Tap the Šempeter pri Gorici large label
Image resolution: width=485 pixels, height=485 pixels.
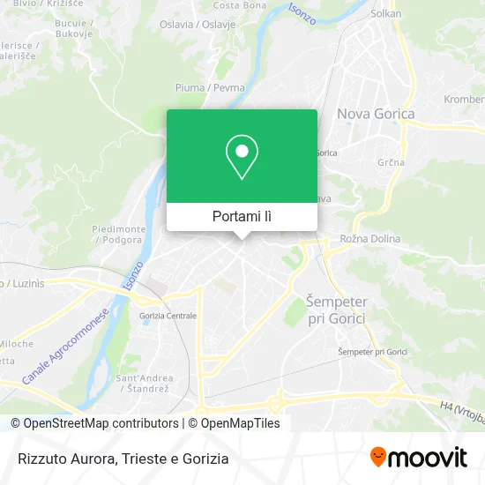335,310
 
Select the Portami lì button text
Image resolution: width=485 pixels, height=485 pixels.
242,216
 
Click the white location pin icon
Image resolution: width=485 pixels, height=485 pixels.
242,156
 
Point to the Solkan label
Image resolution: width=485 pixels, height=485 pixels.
386,13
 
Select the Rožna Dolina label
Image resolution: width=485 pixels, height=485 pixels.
370,239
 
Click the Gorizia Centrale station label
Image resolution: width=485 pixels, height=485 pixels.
168,316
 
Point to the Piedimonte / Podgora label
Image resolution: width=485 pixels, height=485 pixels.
118,234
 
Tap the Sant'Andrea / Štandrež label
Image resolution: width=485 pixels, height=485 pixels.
142,383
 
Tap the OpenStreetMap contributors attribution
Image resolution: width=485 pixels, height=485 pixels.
95,423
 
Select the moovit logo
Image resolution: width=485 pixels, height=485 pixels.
418,457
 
